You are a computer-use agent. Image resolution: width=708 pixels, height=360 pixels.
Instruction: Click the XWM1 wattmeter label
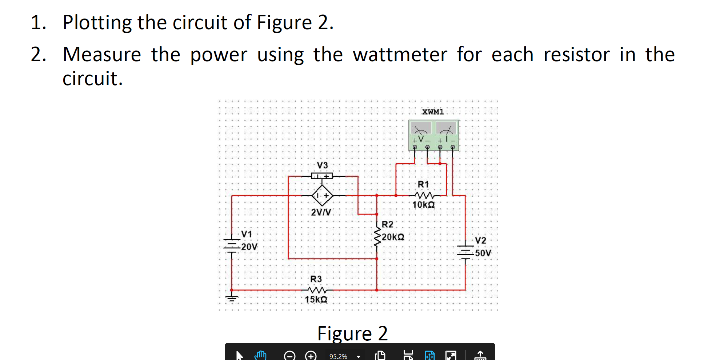point(433,112)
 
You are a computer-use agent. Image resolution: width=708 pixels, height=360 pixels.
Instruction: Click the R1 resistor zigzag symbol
point(424,195)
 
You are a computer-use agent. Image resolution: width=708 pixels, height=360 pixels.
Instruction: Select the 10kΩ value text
point(423,205)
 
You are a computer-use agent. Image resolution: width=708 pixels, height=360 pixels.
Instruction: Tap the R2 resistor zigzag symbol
point(377,237)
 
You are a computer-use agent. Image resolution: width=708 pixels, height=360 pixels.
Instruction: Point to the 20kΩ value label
point(393,237)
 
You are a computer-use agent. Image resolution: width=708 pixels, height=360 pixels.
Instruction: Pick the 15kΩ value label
point(316,300)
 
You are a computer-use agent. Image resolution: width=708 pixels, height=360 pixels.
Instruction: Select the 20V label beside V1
point(249,247)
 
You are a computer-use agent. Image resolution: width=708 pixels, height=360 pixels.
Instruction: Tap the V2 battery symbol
point(465,251)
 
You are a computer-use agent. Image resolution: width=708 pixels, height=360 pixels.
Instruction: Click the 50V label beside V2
point(483,253)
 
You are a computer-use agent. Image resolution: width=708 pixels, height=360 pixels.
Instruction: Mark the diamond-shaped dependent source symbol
point(322,196)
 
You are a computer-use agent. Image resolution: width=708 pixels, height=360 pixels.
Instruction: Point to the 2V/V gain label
point(321,212)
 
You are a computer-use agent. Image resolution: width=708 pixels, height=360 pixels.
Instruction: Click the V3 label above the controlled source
point(322,165)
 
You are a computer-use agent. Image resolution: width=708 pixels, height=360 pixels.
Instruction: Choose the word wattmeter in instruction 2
point(400,55)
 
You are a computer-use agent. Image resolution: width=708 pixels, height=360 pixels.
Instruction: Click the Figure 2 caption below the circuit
point(352,333)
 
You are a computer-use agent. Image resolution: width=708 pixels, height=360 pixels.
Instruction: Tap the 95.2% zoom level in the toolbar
point(338,356)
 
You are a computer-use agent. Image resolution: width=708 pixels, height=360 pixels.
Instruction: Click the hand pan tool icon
point(260,355)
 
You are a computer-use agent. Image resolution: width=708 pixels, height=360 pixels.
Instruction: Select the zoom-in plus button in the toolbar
point(311,356)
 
